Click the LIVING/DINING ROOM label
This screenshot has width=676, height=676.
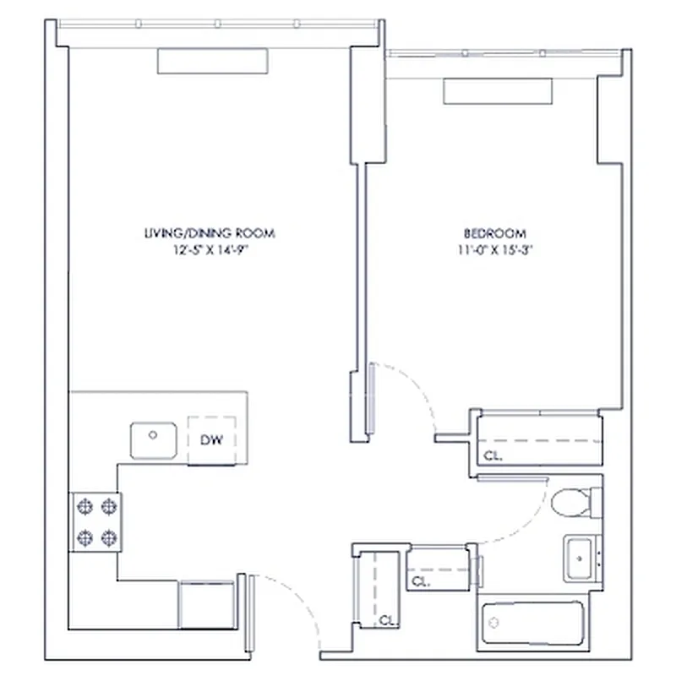tap(209, 233)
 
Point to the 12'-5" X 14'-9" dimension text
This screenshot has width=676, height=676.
tap(209, 249)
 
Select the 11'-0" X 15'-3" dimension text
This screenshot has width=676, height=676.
tap(494, 249)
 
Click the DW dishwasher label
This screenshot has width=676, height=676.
tap(210, 439)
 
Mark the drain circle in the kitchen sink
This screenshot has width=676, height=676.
tap(153, 435)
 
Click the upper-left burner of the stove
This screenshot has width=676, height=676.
tap(84, 506)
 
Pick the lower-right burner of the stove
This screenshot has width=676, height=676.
tap(108, 536)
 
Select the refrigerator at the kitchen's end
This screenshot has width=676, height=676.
tap(205, 603)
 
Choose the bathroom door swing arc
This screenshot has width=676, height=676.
tap(528, 520)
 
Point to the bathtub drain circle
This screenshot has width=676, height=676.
tap(494, 623)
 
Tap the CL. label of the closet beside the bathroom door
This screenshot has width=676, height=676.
tap(420, 581)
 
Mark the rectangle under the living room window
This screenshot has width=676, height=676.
tap(212, 60)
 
